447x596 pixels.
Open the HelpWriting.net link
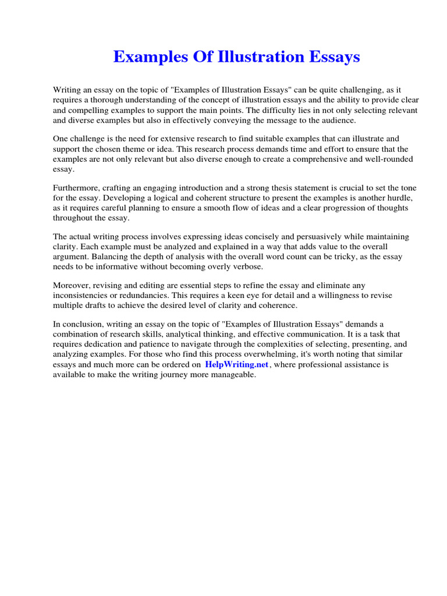236,364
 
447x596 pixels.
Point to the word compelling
85,110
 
